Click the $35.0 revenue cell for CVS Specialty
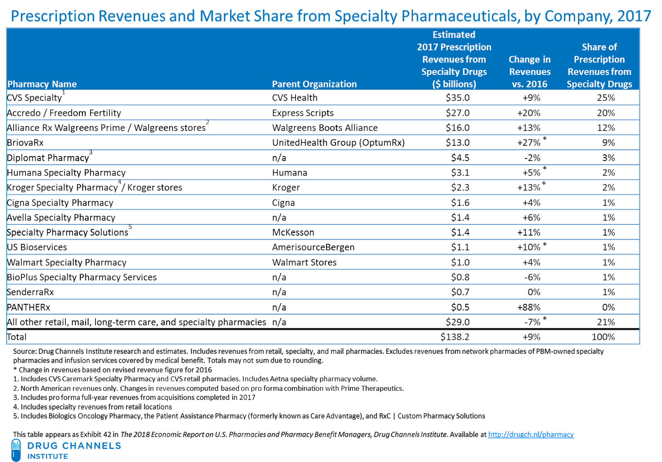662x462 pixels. coord(458,98)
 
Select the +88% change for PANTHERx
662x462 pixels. coord(529,307)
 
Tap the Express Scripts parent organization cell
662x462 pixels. coord(303,113)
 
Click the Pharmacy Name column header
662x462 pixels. coord(42,84)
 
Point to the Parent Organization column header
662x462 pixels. coord(314,84)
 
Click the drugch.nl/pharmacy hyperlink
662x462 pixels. coord(531,434)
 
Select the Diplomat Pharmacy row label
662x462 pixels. coord(48,158)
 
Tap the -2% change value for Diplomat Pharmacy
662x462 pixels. coord(531,158)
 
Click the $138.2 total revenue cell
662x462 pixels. coord(455,337)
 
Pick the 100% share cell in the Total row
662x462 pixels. coord(603,337)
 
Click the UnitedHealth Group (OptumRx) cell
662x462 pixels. coord(338,143)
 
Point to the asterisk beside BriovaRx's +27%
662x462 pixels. coord(545,139)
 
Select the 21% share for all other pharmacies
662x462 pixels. coord(606,322)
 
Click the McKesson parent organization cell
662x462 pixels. coord(293,233)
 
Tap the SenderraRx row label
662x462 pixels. coord(31,292)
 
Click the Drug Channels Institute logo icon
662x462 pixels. coord(16,450)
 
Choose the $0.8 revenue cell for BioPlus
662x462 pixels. coord(460,277)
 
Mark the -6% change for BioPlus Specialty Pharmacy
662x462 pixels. coord(532,277)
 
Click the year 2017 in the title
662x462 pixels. coord(634,16)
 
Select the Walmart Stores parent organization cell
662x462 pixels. coord(305,262)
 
